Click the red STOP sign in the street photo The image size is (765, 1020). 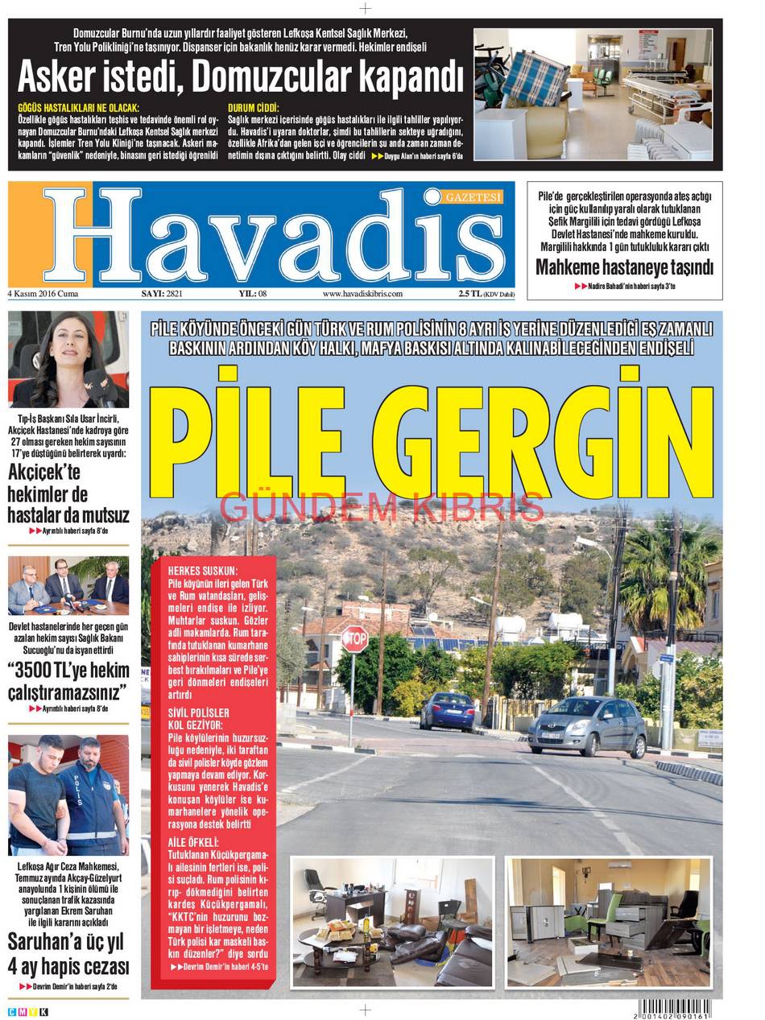click(354, 639)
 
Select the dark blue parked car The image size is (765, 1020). click(447, 711)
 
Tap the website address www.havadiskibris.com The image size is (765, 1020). click(362, 294)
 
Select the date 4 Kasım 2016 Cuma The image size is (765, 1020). click(43, 294)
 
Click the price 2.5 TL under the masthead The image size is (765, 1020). click(469, 294)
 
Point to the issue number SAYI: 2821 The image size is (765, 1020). click(162, 294)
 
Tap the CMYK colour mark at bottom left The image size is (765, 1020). click(28, 1011)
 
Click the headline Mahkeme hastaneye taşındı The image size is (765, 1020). click(624, 267)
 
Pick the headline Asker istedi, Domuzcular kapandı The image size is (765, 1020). click(240, 78)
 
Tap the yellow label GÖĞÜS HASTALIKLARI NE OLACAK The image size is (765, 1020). click(78, 107)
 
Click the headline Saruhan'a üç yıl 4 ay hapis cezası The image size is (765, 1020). click(68, 954)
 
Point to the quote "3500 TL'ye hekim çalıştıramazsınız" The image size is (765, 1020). click(68, 680)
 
